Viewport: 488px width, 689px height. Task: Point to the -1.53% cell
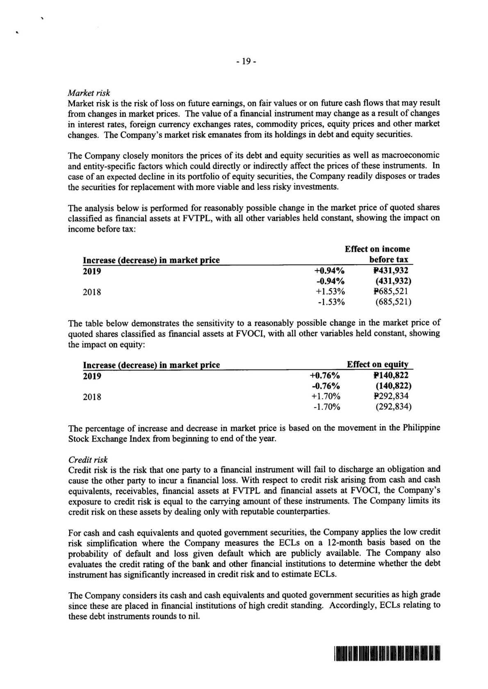[331, 302]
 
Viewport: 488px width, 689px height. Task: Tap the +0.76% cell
[325, 375]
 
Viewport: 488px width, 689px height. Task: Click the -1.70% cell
[326, 407]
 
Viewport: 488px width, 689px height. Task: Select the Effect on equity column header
[378, 364]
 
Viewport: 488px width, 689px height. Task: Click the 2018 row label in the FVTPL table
[92, 292]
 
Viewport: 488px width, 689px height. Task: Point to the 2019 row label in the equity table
[92, 376]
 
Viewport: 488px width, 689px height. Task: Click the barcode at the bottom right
[387, 653]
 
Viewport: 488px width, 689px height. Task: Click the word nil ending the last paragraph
[194, 616]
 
